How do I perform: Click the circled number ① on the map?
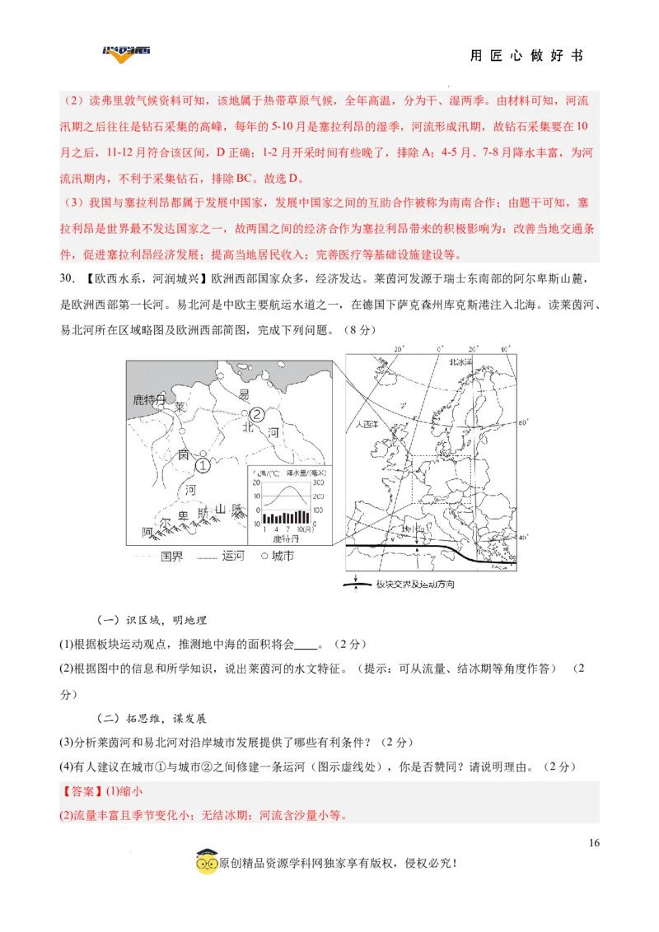(x=203, y=465)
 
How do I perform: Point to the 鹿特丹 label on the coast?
(x=149, y=399)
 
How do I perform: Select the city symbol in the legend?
(x=265, y=556)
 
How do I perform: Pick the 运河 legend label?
(x=234, y=556)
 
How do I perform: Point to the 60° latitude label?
(x=521, y=423)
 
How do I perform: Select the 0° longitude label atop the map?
(x=439, y=349)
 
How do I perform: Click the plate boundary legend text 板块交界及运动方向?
(x=414, y=584)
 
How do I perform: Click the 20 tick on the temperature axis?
(x=258, y=483)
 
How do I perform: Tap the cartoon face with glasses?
(x=207, y=862)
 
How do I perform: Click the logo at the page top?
(x=125, y=55)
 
